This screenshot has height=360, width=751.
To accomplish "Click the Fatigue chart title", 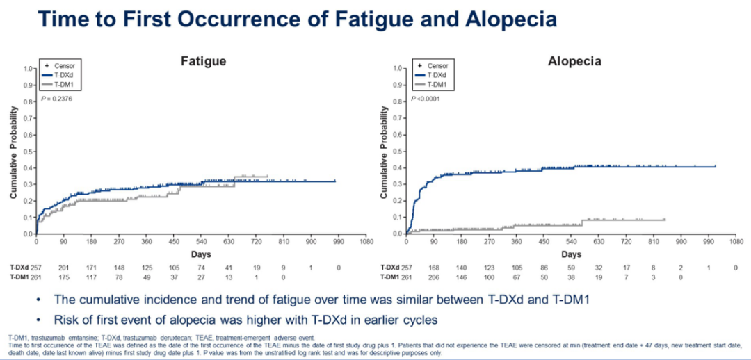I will pos(204,61).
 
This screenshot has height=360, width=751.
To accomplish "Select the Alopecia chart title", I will pos(574,61).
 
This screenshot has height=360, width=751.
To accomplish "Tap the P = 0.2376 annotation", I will pos(56,99).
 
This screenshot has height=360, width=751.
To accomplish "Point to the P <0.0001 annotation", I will pos(426,99).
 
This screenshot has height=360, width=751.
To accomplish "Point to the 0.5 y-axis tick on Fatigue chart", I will pos(29,151).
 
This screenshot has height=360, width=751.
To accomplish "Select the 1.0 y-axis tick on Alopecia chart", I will pos(398,68).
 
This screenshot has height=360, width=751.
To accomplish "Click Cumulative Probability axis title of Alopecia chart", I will pos(385,152).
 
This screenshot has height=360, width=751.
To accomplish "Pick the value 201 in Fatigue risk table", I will pos(63,268).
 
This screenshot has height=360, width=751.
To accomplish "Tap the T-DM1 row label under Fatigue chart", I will pos(19,277).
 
